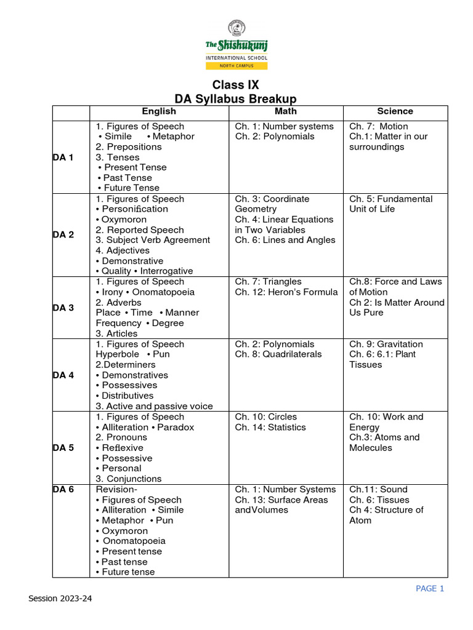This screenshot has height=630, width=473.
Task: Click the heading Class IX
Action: tap(236, 85)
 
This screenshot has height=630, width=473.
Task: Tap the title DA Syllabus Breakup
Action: tap(236, 99)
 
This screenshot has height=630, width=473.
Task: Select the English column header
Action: tap(159, 111)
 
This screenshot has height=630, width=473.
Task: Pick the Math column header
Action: tap(285, 111)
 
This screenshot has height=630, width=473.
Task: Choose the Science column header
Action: tap(395, 111)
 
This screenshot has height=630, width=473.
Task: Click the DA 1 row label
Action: tap(63, 157)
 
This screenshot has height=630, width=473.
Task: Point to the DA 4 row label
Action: tap(63, 375)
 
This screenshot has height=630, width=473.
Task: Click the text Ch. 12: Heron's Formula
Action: tap(286, 292)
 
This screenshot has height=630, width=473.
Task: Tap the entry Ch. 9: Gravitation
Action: tap(386, 345)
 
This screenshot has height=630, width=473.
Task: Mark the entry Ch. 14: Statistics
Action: tap(270, 428)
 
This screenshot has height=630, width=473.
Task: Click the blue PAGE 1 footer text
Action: tap(430, 589)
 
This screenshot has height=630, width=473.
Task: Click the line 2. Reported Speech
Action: tap(140, 230)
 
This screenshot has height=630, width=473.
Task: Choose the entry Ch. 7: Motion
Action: tap(378, 127)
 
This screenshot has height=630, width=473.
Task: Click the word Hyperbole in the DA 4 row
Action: tap(118, 355)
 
